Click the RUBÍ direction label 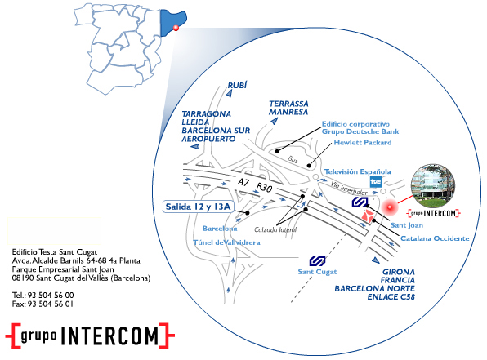click(237, 86)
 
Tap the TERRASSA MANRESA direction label click(288, 108)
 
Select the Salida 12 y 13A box click(199, 207)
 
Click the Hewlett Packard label click(363, 142)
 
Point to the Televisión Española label click(357, 171)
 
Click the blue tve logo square click(376, 181)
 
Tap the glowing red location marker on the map click(389, 207)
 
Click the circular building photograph click(433, 186)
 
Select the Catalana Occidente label click(435, 238)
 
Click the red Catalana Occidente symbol click(368, 216)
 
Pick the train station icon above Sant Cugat click(317, 261)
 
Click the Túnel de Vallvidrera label click(226, 242)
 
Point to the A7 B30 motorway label click(255, 185)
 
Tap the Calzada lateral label click(275, 229)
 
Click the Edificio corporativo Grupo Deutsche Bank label click(360, 128)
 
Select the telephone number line click(42, 296)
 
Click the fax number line click(42, 304)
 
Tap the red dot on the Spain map click(176, 28)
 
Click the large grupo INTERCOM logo click(90, 336)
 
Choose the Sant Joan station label click(407, 225)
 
